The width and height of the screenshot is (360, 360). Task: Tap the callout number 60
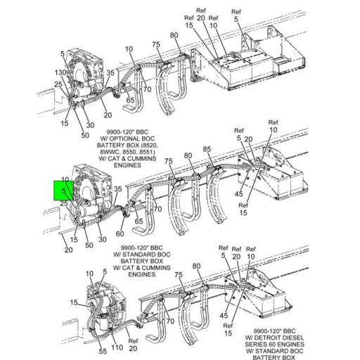click(120, 233)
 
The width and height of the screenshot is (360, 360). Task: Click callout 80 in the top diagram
click(174, 35)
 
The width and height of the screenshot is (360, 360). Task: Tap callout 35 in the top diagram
click(110, 72)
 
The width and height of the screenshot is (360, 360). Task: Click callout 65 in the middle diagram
click(139, 221)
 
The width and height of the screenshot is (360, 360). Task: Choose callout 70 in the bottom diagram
click(169, 321)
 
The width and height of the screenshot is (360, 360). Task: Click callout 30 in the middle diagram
click(103, 240)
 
